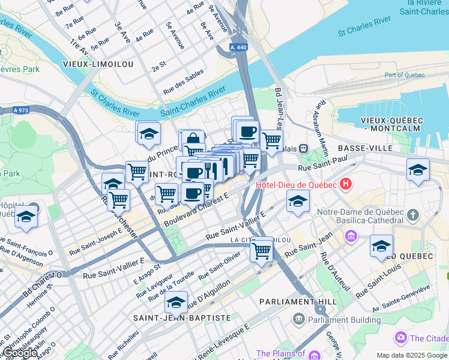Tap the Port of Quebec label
405,75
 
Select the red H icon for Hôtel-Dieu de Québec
346,184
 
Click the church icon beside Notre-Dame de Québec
413,214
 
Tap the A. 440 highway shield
238,47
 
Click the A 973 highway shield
22,110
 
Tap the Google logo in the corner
20,353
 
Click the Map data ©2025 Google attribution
412,355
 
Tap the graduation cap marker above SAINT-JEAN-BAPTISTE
176,302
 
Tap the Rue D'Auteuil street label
335,271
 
